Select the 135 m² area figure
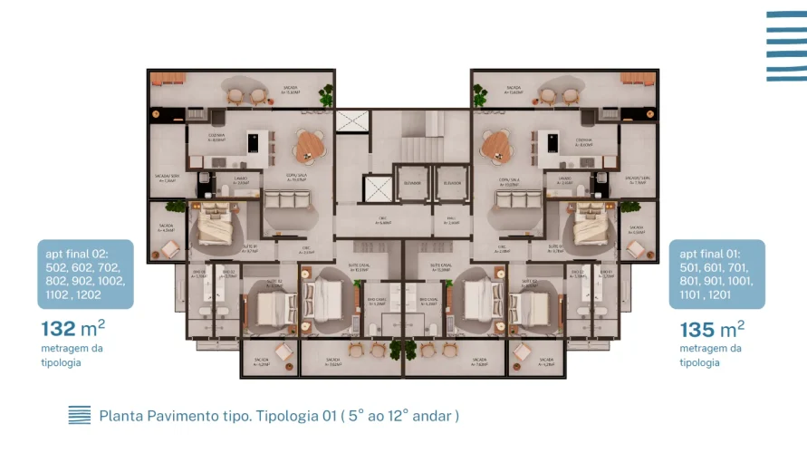pos(712,329)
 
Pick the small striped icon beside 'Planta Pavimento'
pos(80,415)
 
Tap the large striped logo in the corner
pos(785,46)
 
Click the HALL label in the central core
pos(451,218)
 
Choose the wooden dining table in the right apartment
pos(495,142)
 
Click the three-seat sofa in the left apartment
pos(286,201)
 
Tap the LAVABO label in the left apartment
pos(241,179)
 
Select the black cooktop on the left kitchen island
pos(254,142)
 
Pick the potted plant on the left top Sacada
pos(326,93)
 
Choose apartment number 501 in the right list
pos(692,268)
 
